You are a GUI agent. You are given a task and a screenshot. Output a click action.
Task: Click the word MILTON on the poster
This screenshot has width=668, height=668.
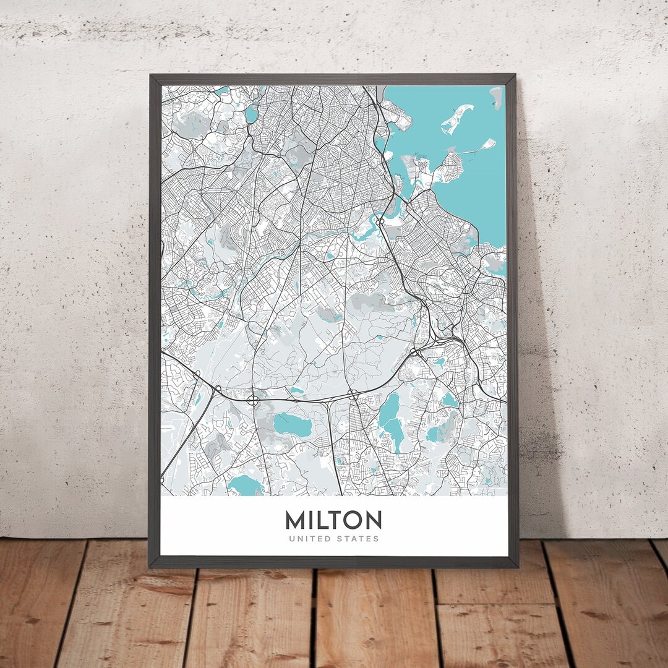pos(333,520)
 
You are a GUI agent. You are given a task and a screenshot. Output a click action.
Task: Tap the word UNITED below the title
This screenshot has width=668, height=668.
pos(309,539)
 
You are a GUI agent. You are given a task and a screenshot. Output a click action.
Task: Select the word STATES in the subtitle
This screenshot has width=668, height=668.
pos(357,539)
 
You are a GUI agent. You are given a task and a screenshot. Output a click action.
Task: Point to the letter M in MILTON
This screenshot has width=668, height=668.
pos(295,520)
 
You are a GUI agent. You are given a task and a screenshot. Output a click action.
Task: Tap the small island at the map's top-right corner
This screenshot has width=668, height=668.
pos(496,97)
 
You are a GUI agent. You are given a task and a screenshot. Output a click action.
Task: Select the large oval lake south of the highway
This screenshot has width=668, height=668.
pos(293,424)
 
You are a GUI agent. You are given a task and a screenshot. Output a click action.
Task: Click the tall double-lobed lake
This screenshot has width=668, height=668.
pos(390,421)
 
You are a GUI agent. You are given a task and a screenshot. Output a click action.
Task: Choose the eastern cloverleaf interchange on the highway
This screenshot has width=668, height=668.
pos(352,393)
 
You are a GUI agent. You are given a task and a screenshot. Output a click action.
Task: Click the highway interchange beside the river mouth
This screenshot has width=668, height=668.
pos(382,220)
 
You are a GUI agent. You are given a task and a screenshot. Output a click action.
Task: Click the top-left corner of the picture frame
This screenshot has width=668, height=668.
pos(151,76)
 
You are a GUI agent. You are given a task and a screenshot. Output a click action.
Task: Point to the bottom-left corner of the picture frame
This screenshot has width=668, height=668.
pos(150,566)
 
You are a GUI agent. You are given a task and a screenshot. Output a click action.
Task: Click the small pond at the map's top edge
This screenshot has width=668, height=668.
pos(251,113)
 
